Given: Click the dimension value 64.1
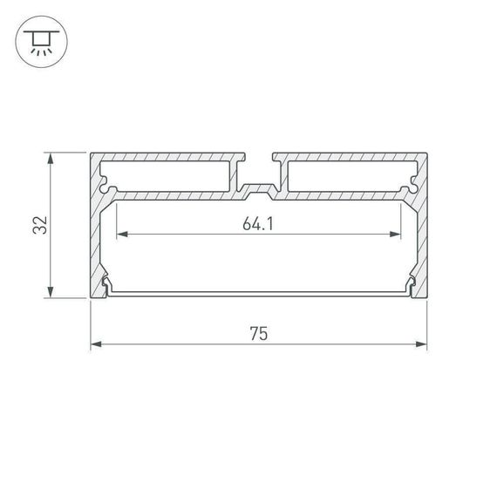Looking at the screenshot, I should [x=258, y=224].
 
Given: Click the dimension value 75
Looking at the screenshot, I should [x=258, y=333].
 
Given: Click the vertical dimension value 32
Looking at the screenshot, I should [x=39, y=225].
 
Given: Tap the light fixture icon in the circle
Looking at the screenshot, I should [x=39, y=40].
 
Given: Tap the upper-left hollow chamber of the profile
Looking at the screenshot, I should [x=170, y=176].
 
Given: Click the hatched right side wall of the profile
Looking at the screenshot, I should [x=422, y=227].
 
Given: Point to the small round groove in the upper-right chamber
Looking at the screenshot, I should [x=411, y=185].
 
